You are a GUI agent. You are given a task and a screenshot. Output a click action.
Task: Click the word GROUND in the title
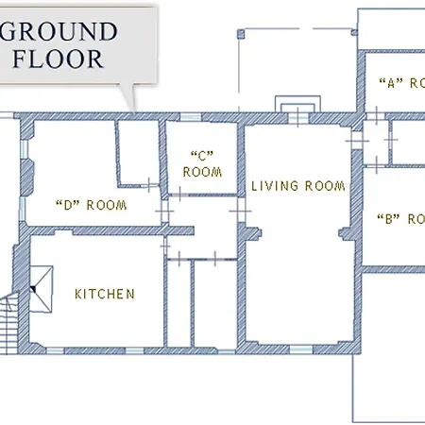click(59, 31)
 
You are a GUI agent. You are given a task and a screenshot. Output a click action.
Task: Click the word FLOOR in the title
click(58, 59)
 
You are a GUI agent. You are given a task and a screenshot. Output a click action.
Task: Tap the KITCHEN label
click(105, 294)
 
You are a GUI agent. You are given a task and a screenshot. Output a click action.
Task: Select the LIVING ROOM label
click(298, 186)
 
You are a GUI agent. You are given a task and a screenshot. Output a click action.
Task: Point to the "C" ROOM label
click(202, 164)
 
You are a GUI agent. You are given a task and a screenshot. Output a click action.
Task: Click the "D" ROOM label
click(92, 205)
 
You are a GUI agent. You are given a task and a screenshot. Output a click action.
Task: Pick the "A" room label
click(402, 83)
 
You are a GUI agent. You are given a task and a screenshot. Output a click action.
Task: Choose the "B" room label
click(401, 219)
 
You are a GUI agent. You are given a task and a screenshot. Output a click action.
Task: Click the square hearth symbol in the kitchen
click(42, 289)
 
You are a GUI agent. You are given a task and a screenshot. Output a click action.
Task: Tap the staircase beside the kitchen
click(9, 324)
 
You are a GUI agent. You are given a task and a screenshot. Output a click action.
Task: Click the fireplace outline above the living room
click(297, 104)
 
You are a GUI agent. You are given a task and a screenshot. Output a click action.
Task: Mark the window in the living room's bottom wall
click(301, 349)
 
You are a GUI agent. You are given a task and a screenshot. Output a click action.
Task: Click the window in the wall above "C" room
click(191, 117)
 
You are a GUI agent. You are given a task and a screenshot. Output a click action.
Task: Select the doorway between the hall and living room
click(241, 211)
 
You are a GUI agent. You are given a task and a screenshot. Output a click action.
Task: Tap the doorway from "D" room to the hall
click(164, 212)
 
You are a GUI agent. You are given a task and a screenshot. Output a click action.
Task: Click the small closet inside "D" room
click(138, 154)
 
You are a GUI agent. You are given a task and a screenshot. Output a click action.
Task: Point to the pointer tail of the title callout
click(128, 97)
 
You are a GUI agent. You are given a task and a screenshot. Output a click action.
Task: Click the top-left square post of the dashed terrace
click(241, 34)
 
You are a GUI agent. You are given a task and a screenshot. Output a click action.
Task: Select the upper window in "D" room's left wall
click(25, 149)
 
